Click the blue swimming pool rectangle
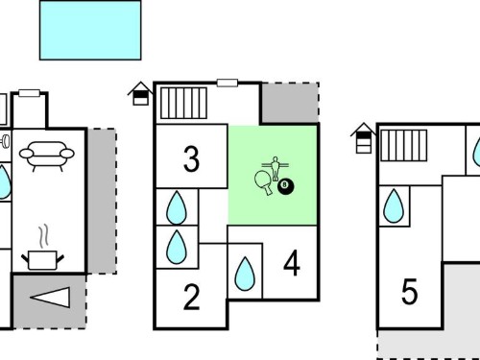90,30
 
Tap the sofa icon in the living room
47,156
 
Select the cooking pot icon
43,260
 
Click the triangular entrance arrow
51,298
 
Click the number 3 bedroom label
191,158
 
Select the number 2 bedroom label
191,298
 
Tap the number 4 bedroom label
292,263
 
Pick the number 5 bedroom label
409,291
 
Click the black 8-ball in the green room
285,186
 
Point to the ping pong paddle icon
264,182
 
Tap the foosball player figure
276,169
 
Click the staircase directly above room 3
183,103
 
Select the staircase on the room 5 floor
404,145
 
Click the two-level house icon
140,94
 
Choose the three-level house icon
364,138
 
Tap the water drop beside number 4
245,274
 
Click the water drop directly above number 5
394,206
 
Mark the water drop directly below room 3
177,208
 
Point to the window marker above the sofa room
29,93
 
